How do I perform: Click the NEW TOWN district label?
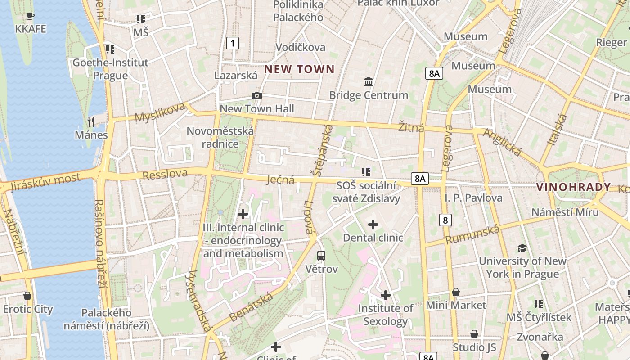click(299, 69)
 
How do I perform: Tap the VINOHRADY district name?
click(574, 187)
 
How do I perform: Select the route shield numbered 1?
click(232, 43)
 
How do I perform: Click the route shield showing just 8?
click(445, 220)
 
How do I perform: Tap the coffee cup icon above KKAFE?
click(30, 16)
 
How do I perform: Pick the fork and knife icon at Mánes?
click(91, 121)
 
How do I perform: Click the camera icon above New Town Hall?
click(257, 95)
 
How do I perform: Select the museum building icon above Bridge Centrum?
click(369, 82)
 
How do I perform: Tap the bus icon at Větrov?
click(321, 256)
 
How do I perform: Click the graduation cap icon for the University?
click(522, 248)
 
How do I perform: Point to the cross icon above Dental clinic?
click(373, 224)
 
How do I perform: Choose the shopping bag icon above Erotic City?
click(27, 296)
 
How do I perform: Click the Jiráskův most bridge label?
click(45, 182)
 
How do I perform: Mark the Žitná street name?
click(411, 128)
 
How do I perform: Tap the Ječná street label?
click(280, 180)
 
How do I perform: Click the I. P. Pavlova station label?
click(473, 198)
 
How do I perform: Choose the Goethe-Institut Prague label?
click(110, 69)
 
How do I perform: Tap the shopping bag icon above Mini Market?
click(456, 292)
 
